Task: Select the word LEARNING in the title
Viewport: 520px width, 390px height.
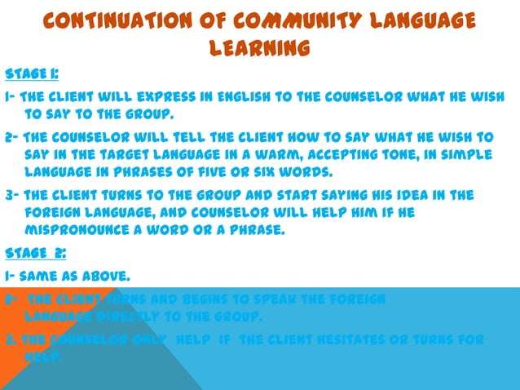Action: [259, 49]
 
